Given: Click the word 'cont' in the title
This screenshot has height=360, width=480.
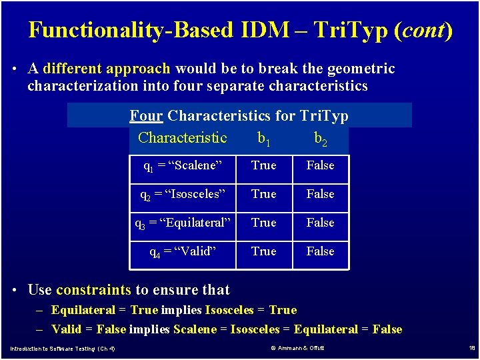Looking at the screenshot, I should pyautogui.click(x=423, y=30).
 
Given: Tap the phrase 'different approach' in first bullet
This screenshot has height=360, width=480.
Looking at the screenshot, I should pyautogui.click(x=107, y=69).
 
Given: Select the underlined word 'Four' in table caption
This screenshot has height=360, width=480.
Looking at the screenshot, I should pyautogui.click(x=146, y=116).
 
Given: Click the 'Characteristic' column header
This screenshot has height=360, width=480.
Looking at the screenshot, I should pyautogui.click(x=183, y=138).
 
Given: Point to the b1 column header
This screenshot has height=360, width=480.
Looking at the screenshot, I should pyautogui.click(x=264, y=139).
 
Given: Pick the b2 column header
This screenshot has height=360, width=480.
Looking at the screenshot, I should pyautogui.click(x=321, y=139).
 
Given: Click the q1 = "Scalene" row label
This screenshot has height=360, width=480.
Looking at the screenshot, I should pyautogui.click(x=183, y=166).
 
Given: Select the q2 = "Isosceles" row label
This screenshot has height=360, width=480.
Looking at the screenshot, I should pyautogui.click(x=183, y=195).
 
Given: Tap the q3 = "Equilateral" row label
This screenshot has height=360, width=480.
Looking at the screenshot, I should pyautogui.click(x=183, y=223).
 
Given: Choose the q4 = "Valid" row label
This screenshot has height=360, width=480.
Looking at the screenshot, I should pyautogui.click(x=183, y=252).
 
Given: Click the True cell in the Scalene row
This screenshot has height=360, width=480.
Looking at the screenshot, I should pyautogui.click(x=264, y=165).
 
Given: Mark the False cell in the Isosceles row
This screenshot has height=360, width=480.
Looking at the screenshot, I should pyautogui.click(x=321, y=194).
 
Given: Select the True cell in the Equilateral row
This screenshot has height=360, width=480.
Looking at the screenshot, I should pyautogui.click(x=264, y=223).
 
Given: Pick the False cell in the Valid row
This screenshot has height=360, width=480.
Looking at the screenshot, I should pyautogui.click(x=321, y=251).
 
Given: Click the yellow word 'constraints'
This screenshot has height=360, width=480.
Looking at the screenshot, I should pyautogui.click(x=93, y=290).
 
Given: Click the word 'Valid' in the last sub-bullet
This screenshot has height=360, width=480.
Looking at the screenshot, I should pyautogui.click(x=66, y=329).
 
